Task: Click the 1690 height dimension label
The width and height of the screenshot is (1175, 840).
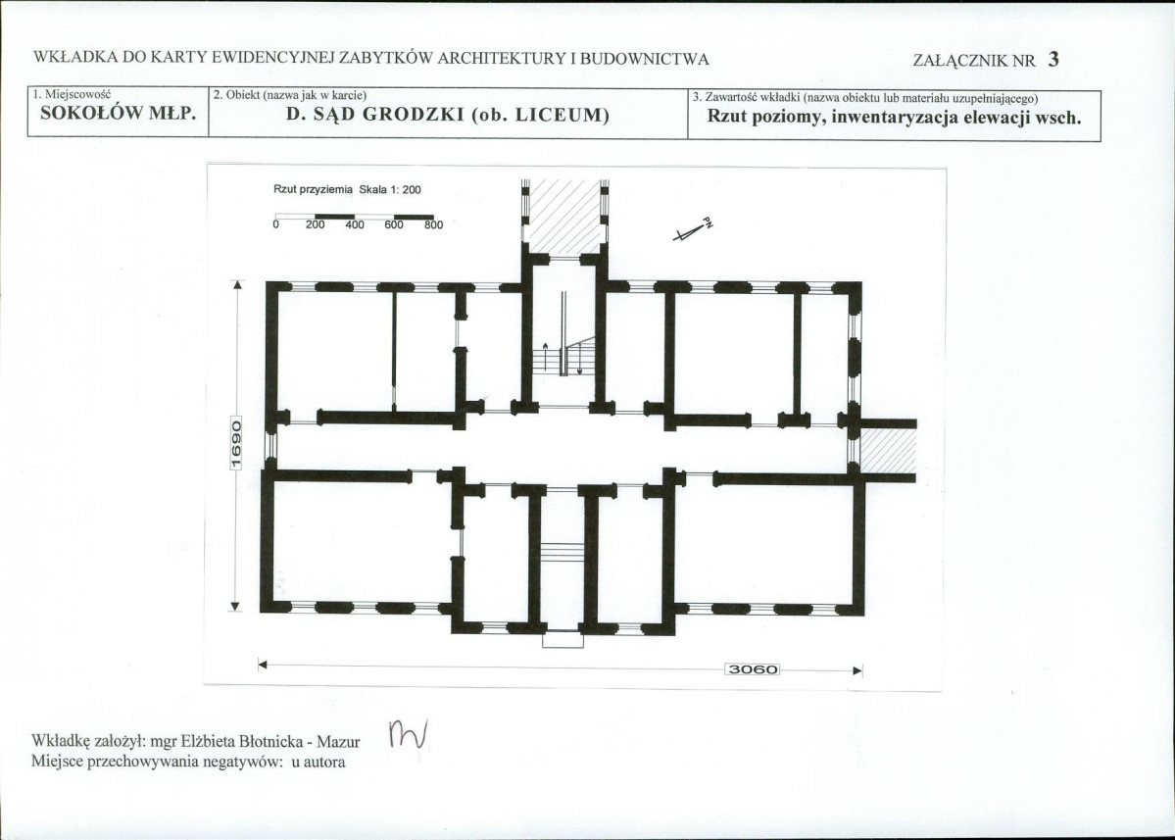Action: [235, 443]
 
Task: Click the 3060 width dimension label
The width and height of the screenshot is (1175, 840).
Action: [753, 669]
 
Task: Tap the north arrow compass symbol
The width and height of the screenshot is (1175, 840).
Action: [693, 230]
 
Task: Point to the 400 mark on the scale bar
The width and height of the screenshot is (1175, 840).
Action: [355, 224]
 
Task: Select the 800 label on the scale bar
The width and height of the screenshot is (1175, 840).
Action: [434, 224]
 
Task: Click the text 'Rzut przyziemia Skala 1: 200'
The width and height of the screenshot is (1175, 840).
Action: [347, 189]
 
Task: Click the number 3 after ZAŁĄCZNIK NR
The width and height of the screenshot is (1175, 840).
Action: [1053, 59]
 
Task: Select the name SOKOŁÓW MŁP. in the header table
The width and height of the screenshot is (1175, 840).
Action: [119, 114]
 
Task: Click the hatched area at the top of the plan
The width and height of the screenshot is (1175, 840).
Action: [564, 218]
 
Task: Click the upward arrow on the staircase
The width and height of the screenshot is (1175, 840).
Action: [546, 357]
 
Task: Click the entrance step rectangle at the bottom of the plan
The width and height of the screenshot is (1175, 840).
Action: [563, 640]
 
